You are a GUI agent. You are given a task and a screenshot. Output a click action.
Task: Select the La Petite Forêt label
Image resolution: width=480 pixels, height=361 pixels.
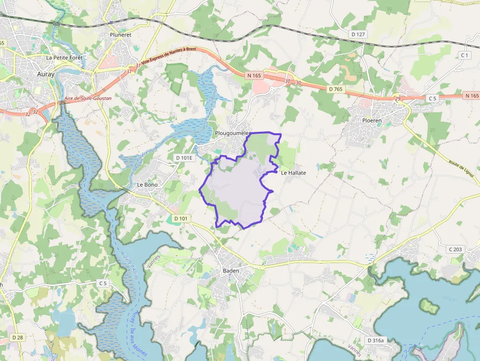pos(64,57)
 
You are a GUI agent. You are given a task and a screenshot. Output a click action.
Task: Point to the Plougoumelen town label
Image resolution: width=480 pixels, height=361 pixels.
pos(233,133)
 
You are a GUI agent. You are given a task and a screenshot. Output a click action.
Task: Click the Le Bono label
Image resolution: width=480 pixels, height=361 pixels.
pos(146,185)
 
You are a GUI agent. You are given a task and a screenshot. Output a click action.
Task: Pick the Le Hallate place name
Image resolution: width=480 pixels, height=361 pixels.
pos(293,172)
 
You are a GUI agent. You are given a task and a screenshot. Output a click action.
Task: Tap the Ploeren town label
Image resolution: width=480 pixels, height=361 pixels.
pos(372,120)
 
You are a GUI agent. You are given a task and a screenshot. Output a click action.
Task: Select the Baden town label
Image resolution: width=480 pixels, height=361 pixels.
pos(231,271)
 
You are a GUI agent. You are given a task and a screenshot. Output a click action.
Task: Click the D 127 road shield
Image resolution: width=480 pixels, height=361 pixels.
pos(359,34)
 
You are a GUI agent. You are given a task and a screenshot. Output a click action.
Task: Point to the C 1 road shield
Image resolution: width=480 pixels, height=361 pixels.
pos(464,55)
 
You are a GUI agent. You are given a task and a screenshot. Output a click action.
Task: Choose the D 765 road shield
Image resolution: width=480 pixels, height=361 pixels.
pos(336,89)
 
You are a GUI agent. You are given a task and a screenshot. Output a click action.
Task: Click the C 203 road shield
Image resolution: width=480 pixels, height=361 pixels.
pos(455,249)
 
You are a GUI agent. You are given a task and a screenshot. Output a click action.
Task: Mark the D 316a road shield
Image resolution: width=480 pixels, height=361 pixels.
pos(377,340)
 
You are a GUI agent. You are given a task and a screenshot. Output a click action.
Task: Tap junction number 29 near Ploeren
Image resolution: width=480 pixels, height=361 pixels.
pos(398,99)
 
